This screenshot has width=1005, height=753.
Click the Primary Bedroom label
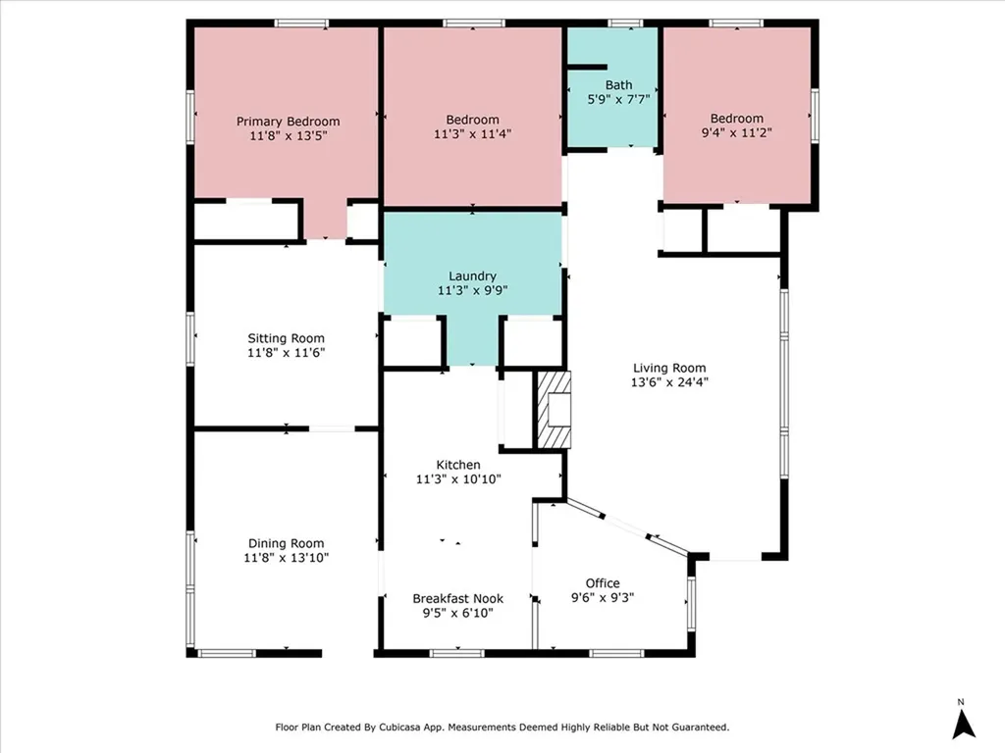pyautogui.click(x=288, y=122)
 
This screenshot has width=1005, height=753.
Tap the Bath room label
pyautogui.click(x=618, y=84)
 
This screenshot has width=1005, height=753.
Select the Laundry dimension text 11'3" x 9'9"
pyautogui.click(x=472, y=290)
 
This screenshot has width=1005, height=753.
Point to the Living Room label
pyautogui.click(x=669, y=368)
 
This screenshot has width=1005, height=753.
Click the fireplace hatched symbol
pyautogui.click(x=554, y=410)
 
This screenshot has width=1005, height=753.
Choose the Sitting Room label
pyautogui.click(x=286, y=338)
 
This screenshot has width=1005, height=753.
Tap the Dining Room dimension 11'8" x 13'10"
pyautogui.click(x=286, y=558)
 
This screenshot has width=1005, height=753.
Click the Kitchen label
pyautogui.click(x=458, y=465)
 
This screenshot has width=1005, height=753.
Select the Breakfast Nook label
pyautogui.click(x=457, y=599)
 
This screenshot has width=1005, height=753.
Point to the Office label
pyautogui.click(x=603, y=583)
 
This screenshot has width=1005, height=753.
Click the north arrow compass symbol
pyautogui.click(x=963, y=725)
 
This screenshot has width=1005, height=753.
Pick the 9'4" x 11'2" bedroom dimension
pyautogui.click(x=736, y=132)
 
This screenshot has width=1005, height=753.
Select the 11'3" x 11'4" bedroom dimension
pyautogui.click(x=472, y=133)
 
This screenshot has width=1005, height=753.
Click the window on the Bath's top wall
pyautogui.click(x=625, y=24)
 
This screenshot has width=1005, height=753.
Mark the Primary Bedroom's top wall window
pyautogui.click(x=301, y=24)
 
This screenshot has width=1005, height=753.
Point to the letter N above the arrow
pyautogui.click(x=961, y=702)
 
